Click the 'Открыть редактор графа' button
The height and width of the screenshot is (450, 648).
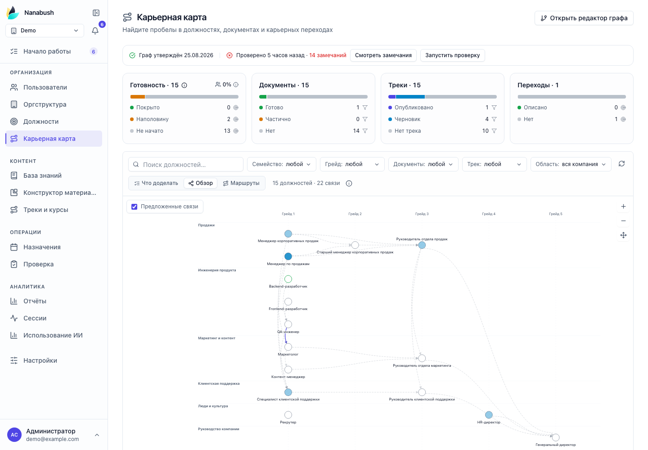pos(584,18)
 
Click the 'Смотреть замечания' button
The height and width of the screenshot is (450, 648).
pos(383,55)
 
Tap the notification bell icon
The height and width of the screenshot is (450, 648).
pos(95,31)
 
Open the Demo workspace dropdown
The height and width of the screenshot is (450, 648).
pos(45,31)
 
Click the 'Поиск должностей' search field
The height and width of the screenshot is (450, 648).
pos(186,165)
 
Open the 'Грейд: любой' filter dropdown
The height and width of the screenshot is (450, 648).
pos(352,164)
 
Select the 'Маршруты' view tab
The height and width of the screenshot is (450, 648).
pos(241,183)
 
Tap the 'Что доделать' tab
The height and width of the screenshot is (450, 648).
pos(156,183)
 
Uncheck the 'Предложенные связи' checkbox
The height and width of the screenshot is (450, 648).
pos(134,207)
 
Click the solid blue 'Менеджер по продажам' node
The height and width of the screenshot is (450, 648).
pos(288,256)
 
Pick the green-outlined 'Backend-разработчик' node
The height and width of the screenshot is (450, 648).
pos(288,279)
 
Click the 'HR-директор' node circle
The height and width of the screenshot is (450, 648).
pos(489,415)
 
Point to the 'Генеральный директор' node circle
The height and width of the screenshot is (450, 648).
pos(556,437)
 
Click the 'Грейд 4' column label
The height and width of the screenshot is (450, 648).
pos(489,214)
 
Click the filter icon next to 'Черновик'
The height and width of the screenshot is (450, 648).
pos(494,119)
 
